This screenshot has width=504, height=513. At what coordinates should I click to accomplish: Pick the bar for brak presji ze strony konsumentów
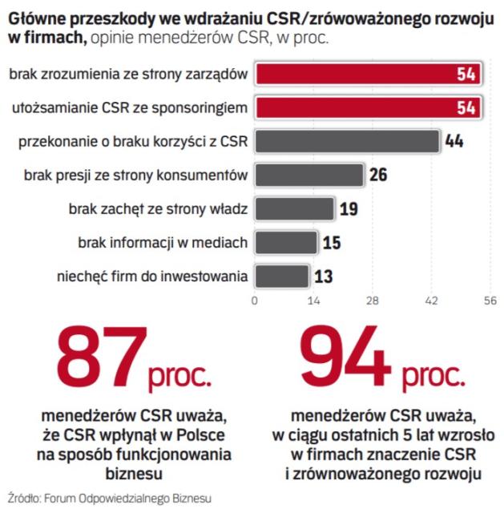coord(308,175)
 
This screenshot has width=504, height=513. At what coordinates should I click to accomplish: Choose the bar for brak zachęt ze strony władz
coord(293,209)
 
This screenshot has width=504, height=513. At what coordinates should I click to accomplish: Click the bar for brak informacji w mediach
coord(285,242)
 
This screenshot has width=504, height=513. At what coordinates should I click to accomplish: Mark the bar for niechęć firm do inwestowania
coord(281,276)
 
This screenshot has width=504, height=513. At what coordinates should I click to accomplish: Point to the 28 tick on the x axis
coord(372,301)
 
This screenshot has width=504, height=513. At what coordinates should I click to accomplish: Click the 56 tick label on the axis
coord(490,301)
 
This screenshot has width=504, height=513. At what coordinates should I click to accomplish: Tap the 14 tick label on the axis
coord(313,301)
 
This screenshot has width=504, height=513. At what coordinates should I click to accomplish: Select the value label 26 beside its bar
coord(379,175)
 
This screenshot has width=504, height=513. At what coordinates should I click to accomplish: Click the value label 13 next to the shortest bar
coord(324,276)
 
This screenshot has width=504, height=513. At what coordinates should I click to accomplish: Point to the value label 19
coord(349,209)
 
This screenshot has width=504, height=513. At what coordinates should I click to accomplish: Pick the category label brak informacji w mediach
coord(163,242)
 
